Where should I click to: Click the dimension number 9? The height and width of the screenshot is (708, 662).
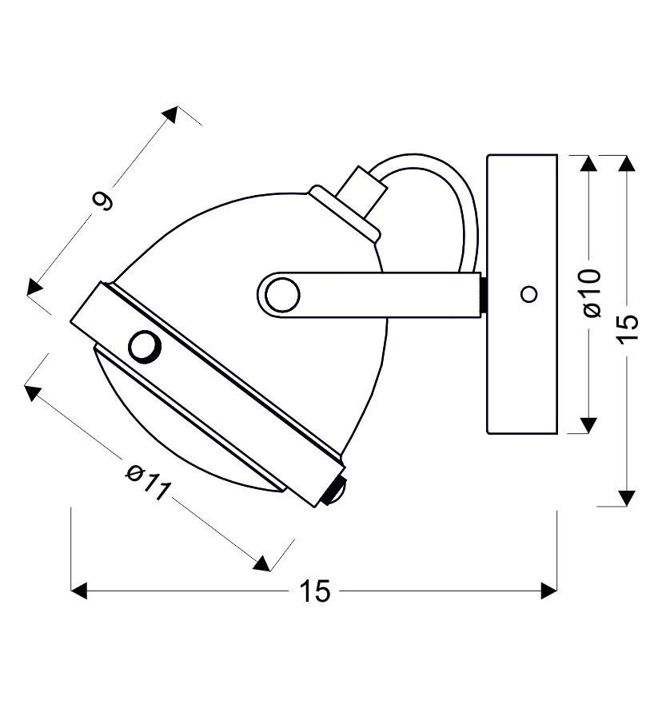(x=104, y=200)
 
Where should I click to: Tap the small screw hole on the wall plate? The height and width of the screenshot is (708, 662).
(x=528, y=294)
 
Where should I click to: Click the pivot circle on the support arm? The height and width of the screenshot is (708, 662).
(x=282, y=295)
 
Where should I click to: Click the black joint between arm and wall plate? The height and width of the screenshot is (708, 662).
(x=484, y=295)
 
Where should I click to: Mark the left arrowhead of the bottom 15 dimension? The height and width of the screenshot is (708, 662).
(x=78, y=591)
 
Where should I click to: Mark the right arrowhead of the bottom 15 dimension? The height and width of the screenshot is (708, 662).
(x=549, y=591)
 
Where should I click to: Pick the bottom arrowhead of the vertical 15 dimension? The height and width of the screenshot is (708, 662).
(x=628, y=498)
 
